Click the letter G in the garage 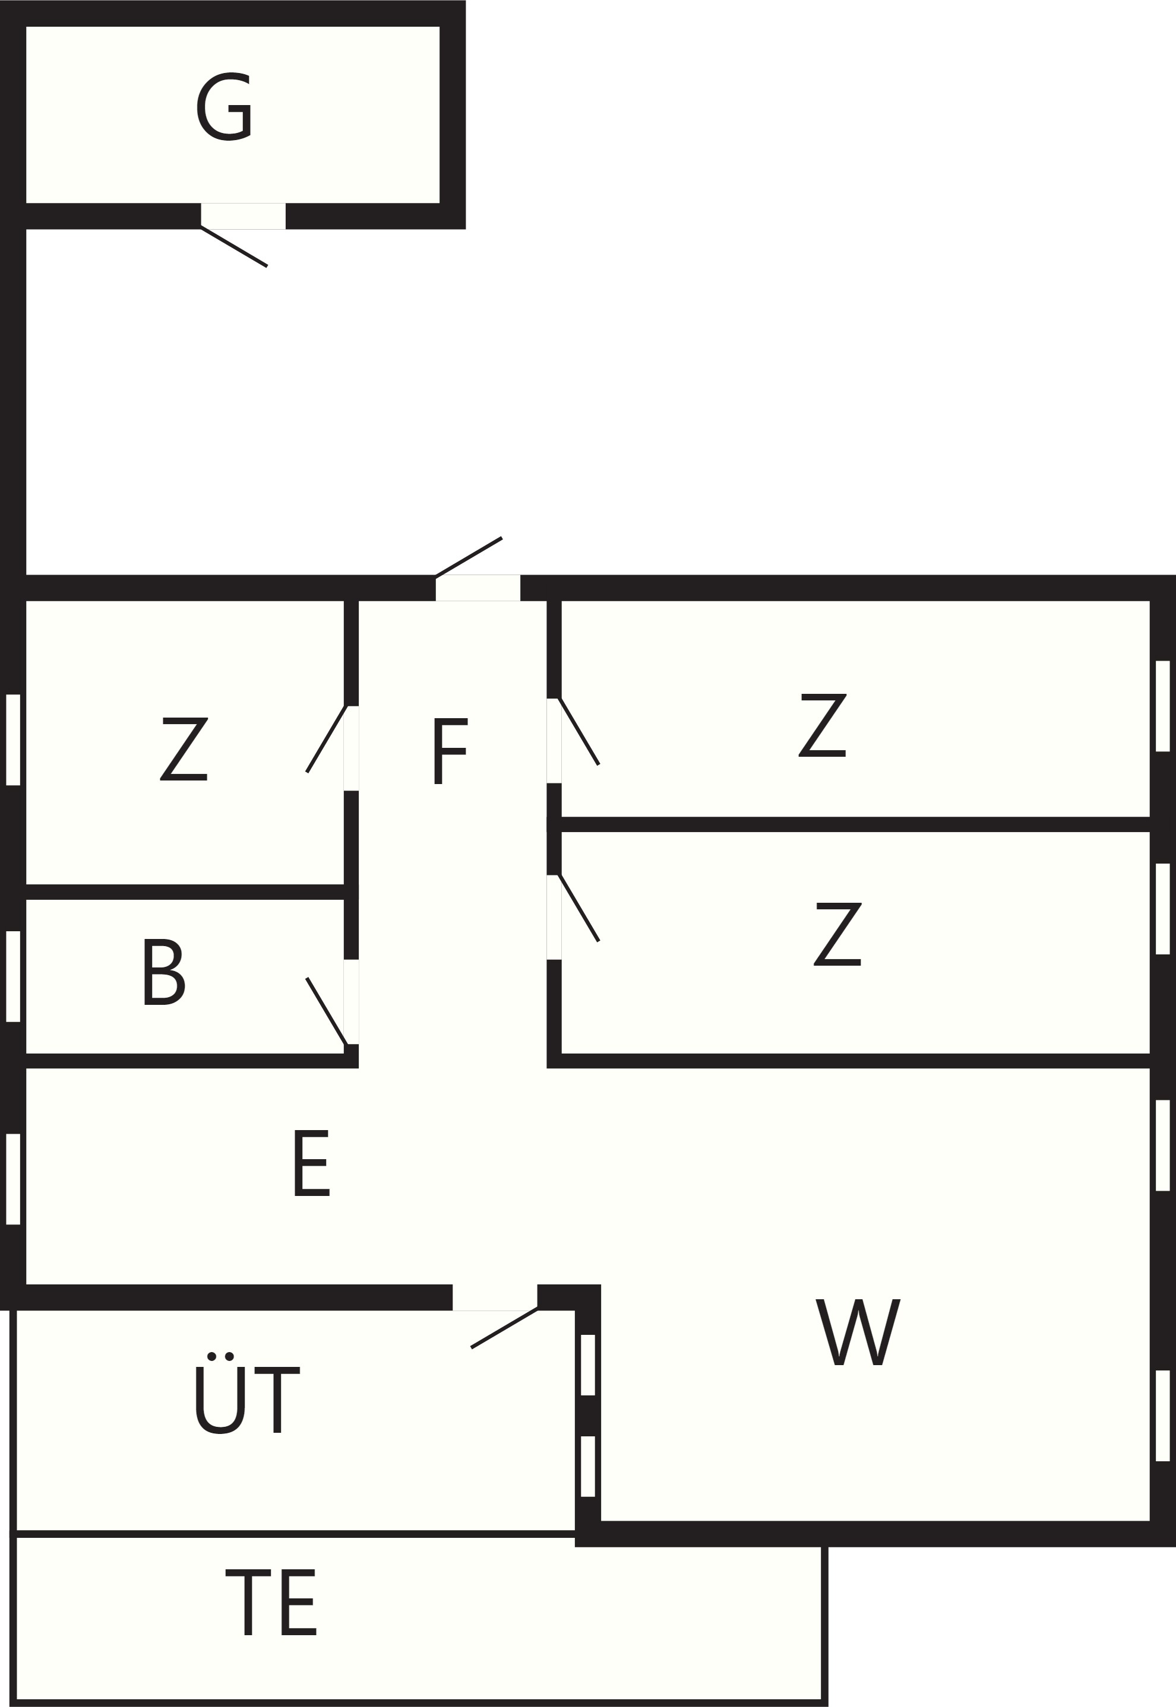click(x=224, y=106)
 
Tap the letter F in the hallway click(x=450, y=751)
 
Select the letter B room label click(x=163, y=972)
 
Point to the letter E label click(x=311, y=1163)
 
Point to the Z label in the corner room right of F click(x=823, y=725)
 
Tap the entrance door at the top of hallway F click(x=469, y=557)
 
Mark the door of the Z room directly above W click(x=579, y=908)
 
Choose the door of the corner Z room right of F click(x=579, y=731)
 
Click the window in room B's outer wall click(x=13, y=976)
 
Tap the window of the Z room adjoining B click(x=13, y=740)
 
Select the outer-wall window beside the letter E click(x=13, y=1179)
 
